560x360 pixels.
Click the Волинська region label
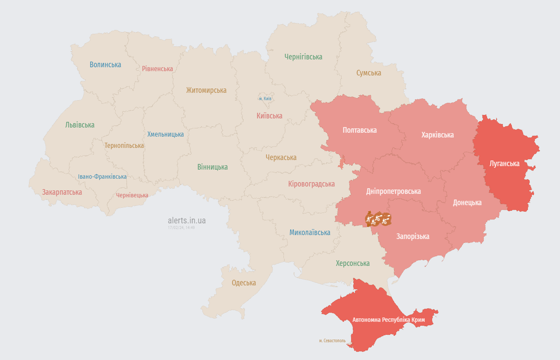point(105,65)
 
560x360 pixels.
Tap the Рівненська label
point(157,69)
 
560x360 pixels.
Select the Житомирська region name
point(206,90)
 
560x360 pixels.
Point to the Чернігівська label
point(303,57)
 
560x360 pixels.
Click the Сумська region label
point(369,73)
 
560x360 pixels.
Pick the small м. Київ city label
point(265,98)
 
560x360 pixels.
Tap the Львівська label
point(80,125)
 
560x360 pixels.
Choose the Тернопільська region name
point(124,146)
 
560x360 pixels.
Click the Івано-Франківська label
point(102,177)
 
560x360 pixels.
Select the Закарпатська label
point(62,192)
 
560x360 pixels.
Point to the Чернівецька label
point(132,195)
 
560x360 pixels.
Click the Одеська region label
point(244,283)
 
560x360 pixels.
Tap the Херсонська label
point(353,263)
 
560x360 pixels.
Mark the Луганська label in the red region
point(504,164)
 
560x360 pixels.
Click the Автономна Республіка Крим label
point(388,320)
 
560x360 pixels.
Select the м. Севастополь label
point(332,340)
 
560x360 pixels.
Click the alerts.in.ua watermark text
point(187,220)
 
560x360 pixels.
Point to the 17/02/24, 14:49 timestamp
point(181,227)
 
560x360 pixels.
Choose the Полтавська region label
point(359,130)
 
